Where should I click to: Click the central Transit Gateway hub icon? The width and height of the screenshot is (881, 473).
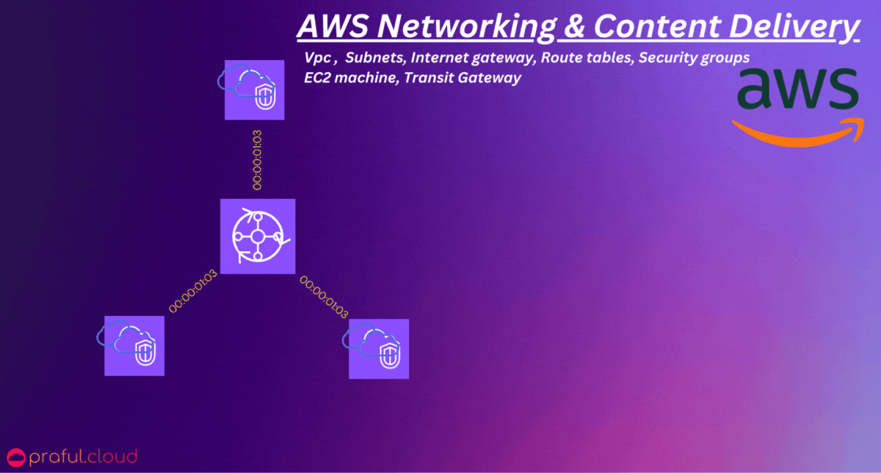[x=258, y=236]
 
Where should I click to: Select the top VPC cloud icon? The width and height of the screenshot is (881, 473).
[x=253, y=90]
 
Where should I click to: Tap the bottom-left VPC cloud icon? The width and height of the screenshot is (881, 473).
[x=134, y=345]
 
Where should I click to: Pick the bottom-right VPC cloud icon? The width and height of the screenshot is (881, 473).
[x=378, y=348]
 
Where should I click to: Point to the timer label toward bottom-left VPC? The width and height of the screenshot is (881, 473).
[x=193, y=291]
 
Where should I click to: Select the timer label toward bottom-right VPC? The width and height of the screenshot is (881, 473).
[x=324, y=296]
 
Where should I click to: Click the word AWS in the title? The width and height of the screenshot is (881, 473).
[x=327, y=27]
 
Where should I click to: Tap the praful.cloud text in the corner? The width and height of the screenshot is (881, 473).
[x=82, y=458]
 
